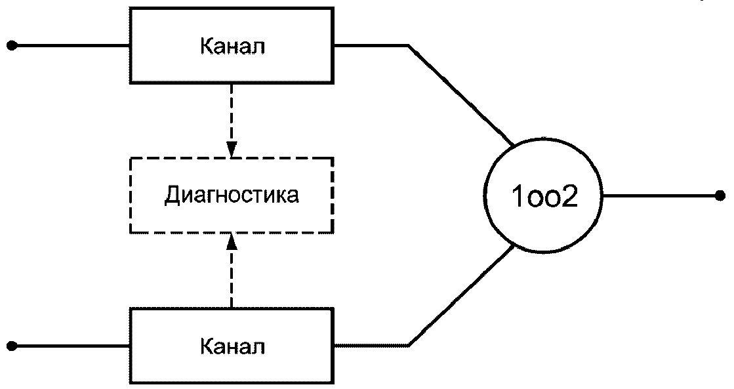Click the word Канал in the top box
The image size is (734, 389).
pyautogui.click(x=232, y=47)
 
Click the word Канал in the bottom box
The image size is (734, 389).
pyautogui.click(x=232, y=347)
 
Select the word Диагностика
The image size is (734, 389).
pyautogui.click(x=232, y=195)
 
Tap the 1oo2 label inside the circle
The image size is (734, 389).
pyautogui.click(x=545, y=197)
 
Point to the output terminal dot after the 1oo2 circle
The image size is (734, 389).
pyautogui.click(x=720, y=195)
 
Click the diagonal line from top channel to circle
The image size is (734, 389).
pyautogui.click(x=462, y=95)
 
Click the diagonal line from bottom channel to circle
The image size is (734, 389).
pyautogui.click(x=462, y=296)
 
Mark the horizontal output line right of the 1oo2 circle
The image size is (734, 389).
pyautogui.click(x=661, y=195)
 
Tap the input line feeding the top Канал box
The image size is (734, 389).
pyautogui.click(x=71, y=46)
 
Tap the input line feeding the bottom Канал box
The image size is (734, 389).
pyautogui.click(x=71, y=346)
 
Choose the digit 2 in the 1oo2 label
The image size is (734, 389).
pyautogui.click(x=570, y=197)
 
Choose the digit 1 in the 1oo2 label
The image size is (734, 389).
pyautogui.click(x=518, y=197)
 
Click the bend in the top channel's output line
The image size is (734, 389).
pyautogui.click(x=409, y=46)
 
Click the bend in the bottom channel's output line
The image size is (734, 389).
pyautogui.click(x=409, y=346)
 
